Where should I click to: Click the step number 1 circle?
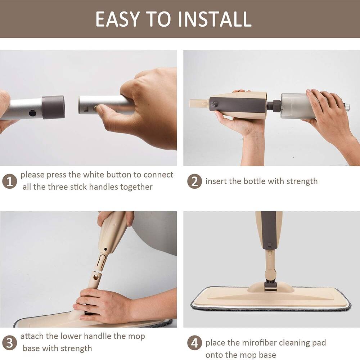tap(9, 181)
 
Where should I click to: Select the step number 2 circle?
tap(194, 181)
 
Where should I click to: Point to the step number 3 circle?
tap(9, 342)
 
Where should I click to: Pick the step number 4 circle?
tap(194, 342)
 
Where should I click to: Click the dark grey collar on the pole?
tap(53, 107)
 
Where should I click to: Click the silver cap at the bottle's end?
tap(346, 107)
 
